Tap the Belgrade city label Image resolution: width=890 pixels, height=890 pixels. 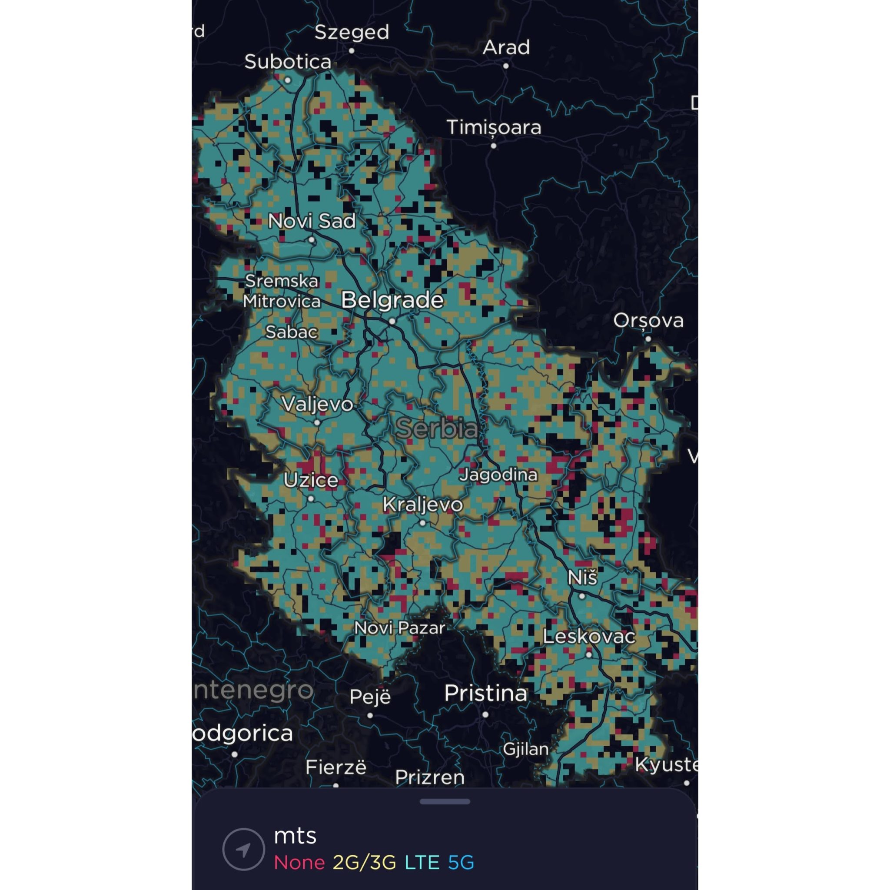pos(392,300)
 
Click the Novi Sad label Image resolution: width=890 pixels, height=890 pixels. pos(312,222)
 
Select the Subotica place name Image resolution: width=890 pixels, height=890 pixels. pos(287,62)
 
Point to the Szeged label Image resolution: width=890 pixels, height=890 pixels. pos(352,32)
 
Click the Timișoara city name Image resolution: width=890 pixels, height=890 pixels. pos(494,128)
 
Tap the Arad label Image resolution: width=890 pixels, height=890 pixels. pos(506,47)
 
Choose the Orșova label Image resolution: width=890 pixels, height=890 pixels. pos(648,321)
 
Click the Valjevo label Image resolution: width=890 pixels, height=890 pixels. pos(317,405)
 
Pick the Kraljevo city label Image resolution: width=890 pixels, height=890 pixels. pos(422,505)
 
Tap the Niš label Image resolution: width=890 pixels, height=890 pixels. pos(582,578)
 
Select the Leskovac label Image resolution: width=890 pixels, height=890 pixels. pos(589,637)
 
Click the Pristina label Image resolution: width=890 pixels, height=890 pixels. pos(485,693)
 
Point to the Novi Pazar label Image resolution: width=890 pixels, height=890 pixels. pos(399,628)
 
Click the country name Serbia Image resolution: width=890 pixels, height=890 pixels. pos(437,428)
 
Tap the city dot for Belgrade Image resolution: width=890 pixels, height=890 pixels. pos(392,322)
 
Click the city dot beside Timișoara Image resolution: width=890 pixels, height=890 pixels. pos(493,146)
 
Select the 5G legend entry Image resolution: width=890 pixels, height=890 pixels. pos(461,862)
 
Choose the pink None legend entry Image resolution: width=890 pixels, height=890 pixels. pos(299,862)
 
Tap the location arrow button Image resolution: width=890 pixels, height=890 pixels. pos(243,849)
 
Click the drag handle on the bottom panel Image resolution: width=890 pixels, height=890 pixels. pos(445,801)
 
